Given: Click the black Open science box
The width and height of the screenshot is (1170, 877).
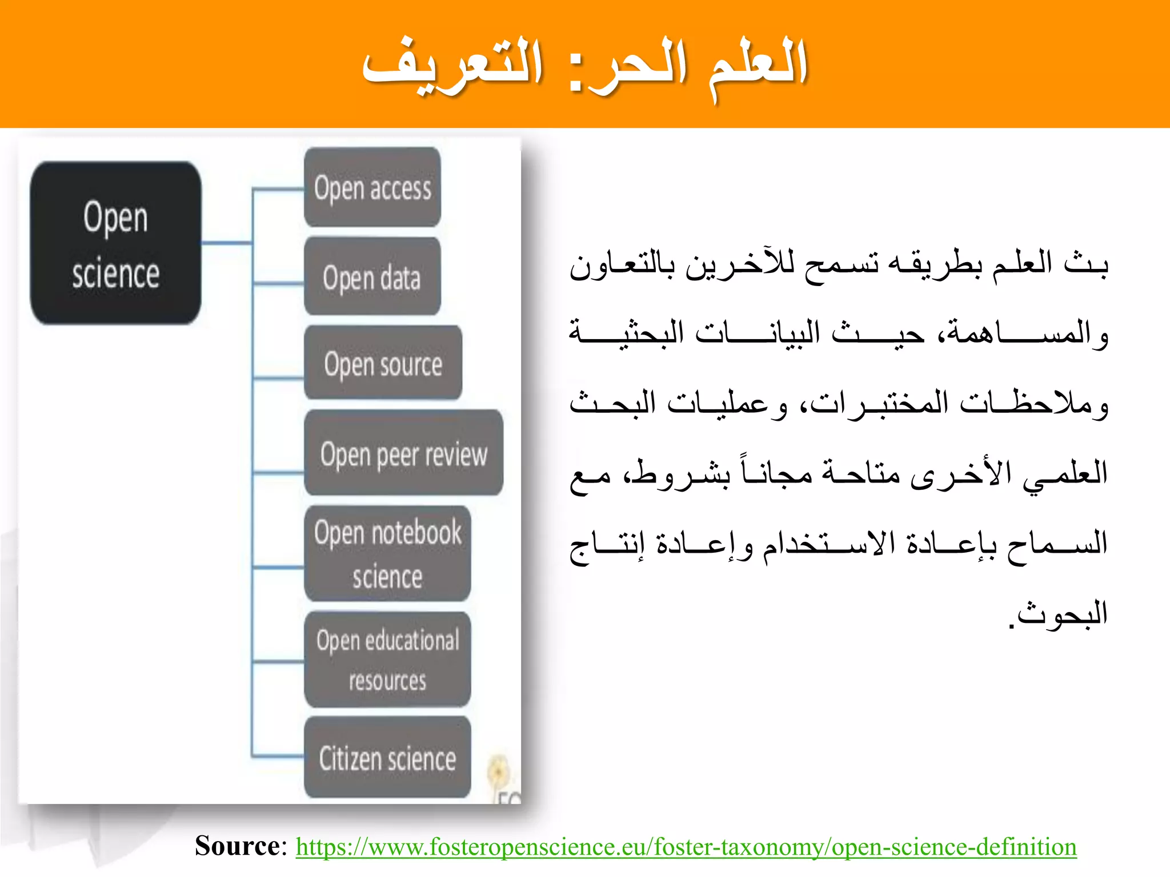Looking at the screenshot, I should [115, 243].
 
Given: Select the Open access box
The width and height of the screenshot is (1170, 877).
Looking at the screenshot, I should [372, 188].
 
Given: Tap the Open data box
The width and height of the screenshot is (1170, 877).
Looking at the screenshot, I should [372, 277].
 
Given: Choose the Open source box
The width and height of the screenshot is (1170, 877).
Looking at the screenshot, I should [383, 363].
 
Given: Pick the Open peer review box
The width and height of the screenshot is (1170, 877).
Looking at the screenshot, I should [403, 453].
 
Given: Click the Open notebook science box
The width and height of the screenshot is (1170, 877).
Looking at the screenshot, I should [387, 554].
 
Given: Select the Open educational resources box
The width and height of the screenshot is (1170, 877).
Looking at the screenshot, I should [387, 660].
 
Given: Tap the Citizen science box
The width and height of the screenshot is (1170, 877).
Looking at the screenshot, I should [387, 758].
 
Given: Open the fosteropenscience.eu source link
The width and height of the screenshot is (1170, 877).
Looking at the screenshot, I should [686, 846].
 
